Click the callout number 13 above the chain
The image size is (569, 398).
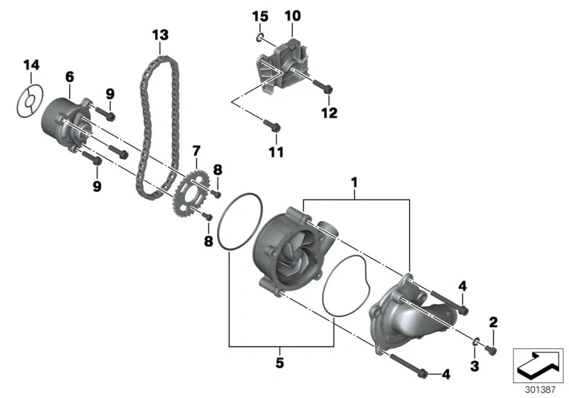[x=160, y=35]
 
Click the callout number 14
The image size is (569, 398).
[x=31, y=65]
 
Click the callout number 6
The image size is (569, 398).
[x=69, y=77]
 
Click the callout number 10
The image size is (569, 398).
[x=292, y=16]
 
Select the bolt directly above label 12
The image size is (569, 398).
[x=323, y=86]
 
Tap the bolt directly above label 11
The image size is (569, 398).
[x=272, y=125]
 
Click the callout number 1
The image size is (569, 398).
[x=354, y=183]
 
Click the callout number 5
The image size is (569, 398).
[x=280, y=362]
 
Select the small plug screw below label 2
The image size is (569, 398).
[x=491, y=350]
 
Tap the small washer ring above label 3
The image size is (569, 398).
[x=476, y=340]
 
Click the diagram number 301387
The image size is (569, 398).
[x=541, y=390]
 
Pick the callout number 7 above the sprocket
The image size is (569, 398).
[x=196, y=151]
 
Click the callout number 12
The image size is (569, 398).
[x=329, y=113]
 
